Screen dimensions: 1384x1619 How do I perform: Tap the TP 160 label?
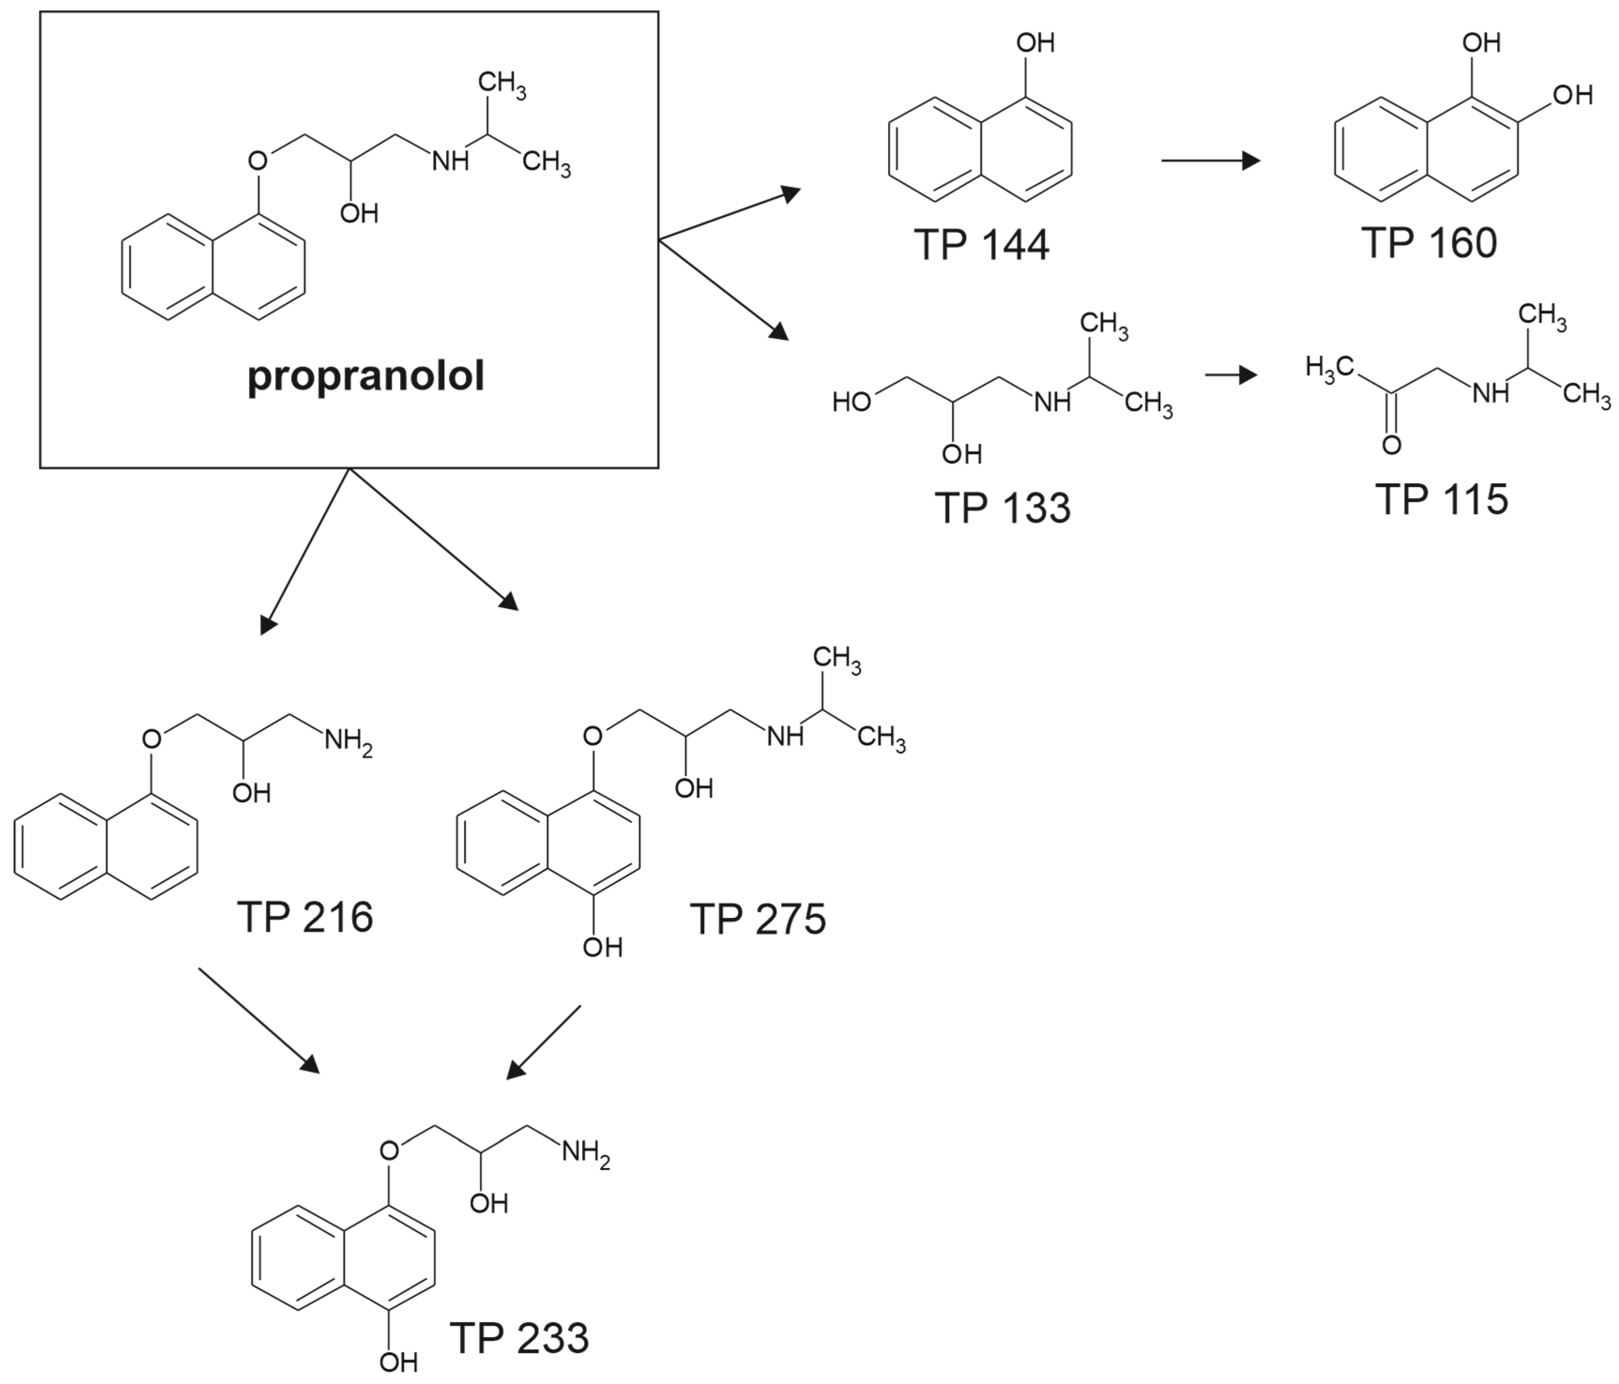point(1429,243)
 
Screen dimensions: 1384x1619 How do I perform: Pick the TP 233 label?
point(519,1338)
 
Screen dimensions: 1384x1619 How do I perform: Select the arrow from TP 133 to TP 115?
point(1231,375)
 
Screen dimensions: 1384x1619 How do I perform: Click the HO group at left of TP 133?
point(851,403)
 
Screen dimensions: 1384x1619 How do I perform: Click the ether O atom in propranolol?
point(257,161)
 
